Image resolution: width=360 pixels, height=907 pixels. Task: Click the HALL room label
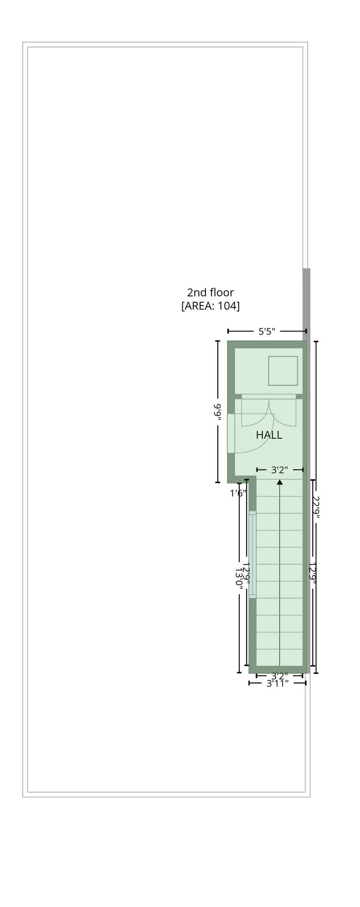tap(269, 435)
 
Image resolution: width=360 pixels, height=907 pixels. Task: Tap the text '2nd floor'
tap(210, 292)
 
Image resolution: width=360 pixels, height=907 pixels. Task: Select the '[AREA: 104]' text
tap(210, 305)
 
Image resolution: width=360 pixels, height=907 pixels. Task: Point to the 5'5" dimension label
tap(267, 331)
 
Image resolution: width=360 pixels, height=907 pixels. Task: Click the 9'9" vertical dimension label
tap(217, 412)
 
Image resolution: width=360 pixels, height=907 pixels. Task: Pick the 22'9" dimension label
tap(315, 507)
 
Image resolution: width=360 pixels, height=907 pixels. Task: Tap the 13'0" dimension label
tap(238, 578)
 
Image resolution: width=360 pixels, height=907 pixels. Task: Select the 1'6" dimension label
tap(238, 493)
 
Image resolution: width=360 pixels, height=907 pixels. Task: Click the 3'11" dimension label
tap(278, 683)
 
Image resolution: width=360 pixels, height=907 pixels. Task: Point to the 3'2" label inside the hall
tap(280, 470)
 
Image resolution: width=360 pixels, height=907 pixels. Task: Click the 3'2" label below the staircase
tap(280, 676)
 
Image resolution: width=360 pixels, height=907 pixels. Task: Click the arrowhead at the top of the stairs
tap(280, 482)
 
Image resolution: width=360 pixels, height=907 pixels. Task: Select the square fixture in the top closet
tap(283, 371)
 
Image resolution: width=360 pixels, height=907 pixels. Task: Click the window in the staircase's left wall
tap(252, 555)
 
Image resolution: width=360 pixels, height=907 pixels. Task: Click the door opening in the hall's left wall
tap(231, 433)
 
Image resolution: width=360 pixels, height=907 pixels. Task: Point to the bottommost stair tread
tap(280, 657)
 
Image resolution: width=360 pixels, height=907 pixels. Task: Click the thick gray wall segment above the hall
tap(306, 303)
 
